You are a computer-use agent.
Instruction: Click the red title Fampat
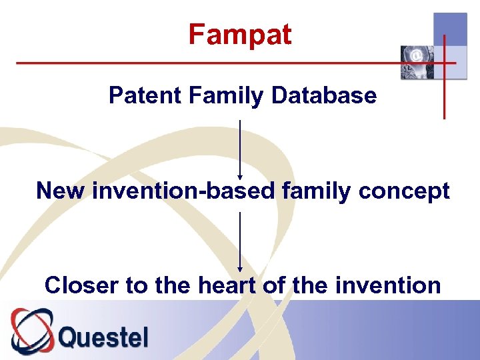240,35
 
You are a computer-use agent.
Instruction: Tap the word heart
226,285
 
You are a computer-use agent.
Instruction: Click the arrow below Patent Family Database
240,150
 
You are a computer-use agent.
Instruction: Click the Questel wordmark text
103,337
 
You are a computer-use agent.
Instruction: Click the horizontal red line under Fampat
200,63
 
